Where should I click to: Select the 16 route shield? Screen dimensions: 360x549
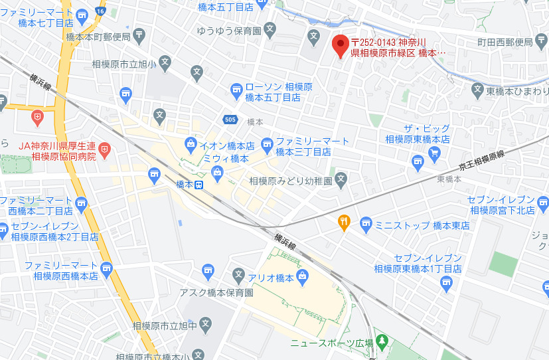100,11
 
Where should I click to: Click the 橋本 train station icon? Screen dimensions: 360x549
199,185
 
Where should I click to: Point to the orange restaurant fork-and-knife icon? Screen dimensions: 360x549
344,223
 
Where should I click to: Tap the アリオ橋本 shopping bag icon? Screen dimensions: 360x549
303,275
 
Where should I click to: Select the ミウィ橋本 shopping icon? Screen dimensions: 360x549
217,173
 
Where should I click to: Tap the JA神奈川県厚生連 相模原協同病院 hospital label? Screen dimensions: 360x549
57,151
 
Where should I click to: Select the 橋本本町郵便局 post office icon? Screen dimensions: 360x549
140,35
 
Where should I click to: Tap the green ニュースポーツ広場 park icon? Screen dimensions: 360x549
381,341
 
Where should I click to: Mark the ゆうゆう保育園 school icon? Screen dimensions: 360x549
270,29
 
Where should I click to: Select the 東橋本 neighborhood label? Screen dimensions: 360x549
449,179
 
